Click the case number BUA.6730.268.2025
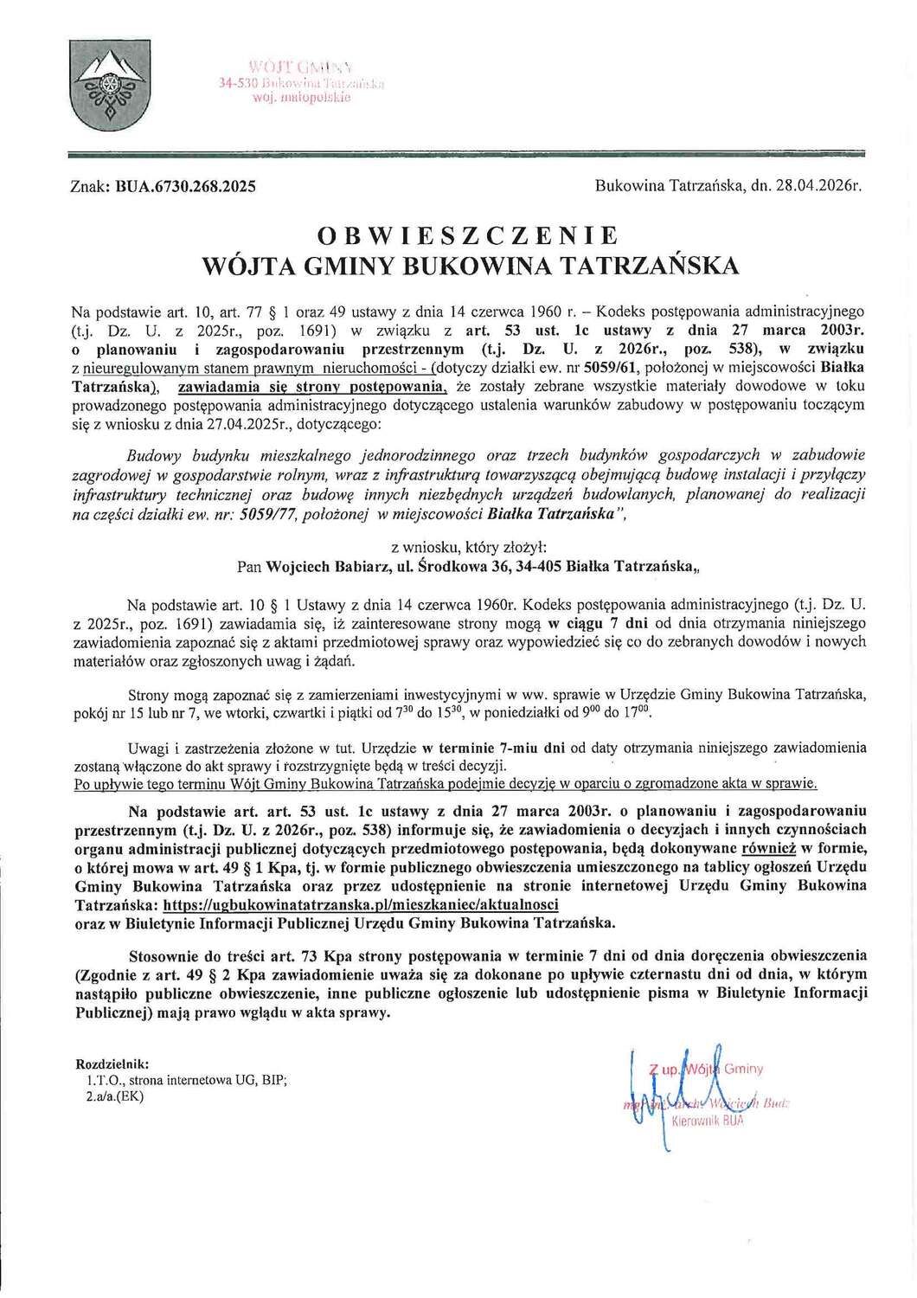(x=185, y=186)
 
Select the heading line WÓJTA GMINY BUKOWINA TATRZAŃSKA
(x=470, y=266)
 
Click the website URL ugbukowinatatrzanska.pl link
(x=360, y=904)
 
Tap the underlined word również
(x=768, y=848)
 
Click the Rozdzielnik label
(x=112, y=1063)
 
